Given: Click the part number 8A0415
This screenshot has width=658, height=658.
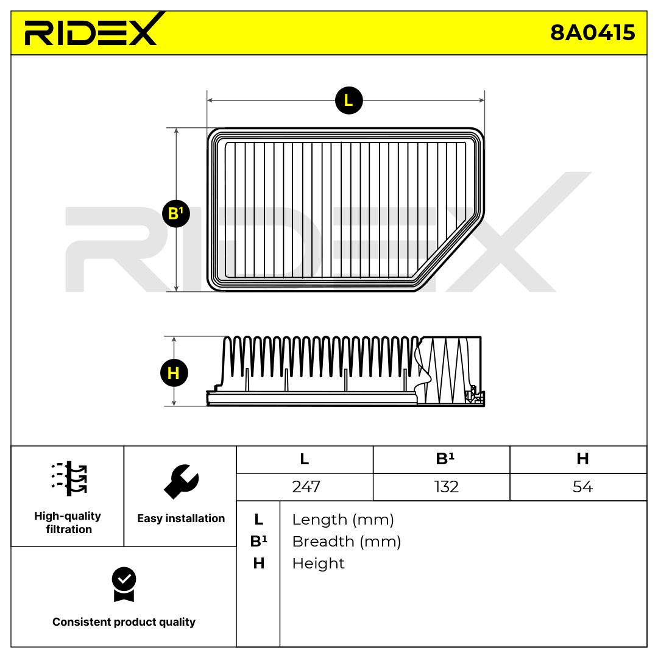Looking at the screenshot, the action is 593,32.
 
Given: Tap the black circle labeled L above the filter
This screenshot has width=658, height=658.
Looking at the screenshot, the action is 348,101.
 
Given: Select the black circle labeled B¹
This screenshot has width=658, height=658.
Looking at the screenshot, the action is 176,214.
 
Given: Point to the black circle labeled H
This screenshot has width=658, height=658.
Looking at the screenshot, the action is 174,373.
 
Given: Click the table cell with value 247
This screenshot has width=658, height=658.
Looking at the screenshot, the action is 305,487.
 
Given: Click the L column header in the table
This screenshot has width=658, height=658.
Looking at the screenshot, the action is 305,459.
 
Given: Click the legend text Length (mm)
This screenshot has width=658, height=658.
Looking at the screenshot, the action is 343,520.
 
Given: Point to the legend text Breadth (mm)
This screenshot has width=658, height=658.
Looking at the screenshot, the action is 347,542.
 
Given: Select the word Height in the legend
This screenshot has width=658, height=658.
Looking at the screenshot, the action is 318,564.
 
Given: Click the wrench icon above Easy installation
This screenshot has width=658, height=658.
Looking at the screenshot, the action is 182,481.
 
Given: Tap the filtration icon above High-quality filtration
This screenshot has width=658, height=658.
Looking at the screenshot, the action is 69,478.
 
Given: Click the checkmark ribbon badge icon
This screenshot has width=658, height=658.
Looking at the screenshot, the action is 124,584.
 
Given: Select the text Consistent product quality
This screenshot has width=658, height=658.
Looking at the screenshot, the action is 124,622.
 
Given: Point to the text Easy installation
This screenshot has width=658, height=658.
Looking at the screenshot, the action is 181,518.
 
